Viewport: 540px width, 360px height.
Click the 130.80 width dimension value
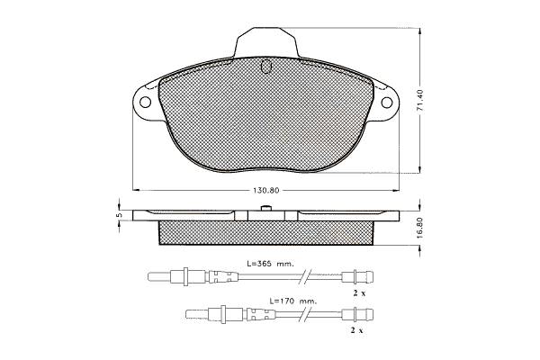tap(265, 191)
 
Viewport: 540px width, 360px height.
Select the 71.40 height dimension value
tap(419, 100)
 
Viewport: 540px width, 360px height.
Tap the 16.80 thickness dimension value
tap(419, 228)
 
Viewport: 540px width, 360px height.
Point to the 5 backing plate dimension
tap(120, 215)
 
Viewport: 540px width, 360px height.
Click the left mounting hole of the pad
tap(145, 103)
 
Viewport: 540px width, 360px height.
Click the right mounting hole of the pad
tap(387, 103)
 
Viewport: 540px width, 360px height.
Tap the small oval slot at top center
tap(265, 67)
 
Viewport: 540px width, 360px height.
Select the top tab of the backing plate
tap(265, 42)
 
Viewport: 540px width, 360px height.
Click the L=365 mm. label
tap(270, 264)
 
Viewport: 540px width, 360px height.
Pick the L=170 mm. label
tap(292, 301)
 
